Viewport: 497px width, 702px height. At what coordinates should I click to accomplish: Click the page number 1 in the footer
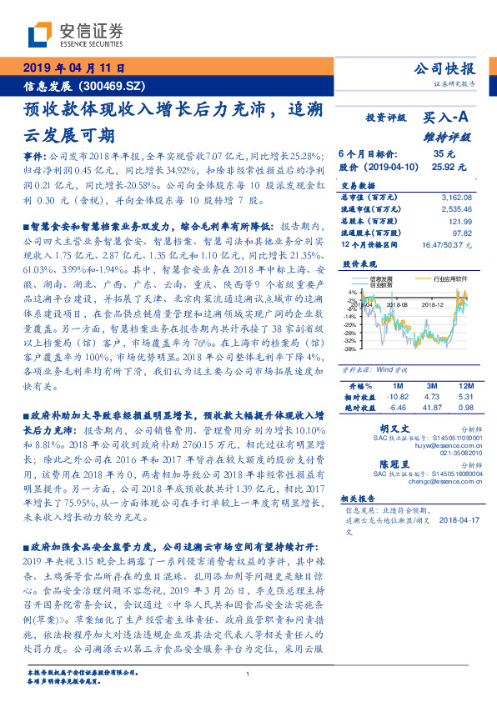coord(248,674)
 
